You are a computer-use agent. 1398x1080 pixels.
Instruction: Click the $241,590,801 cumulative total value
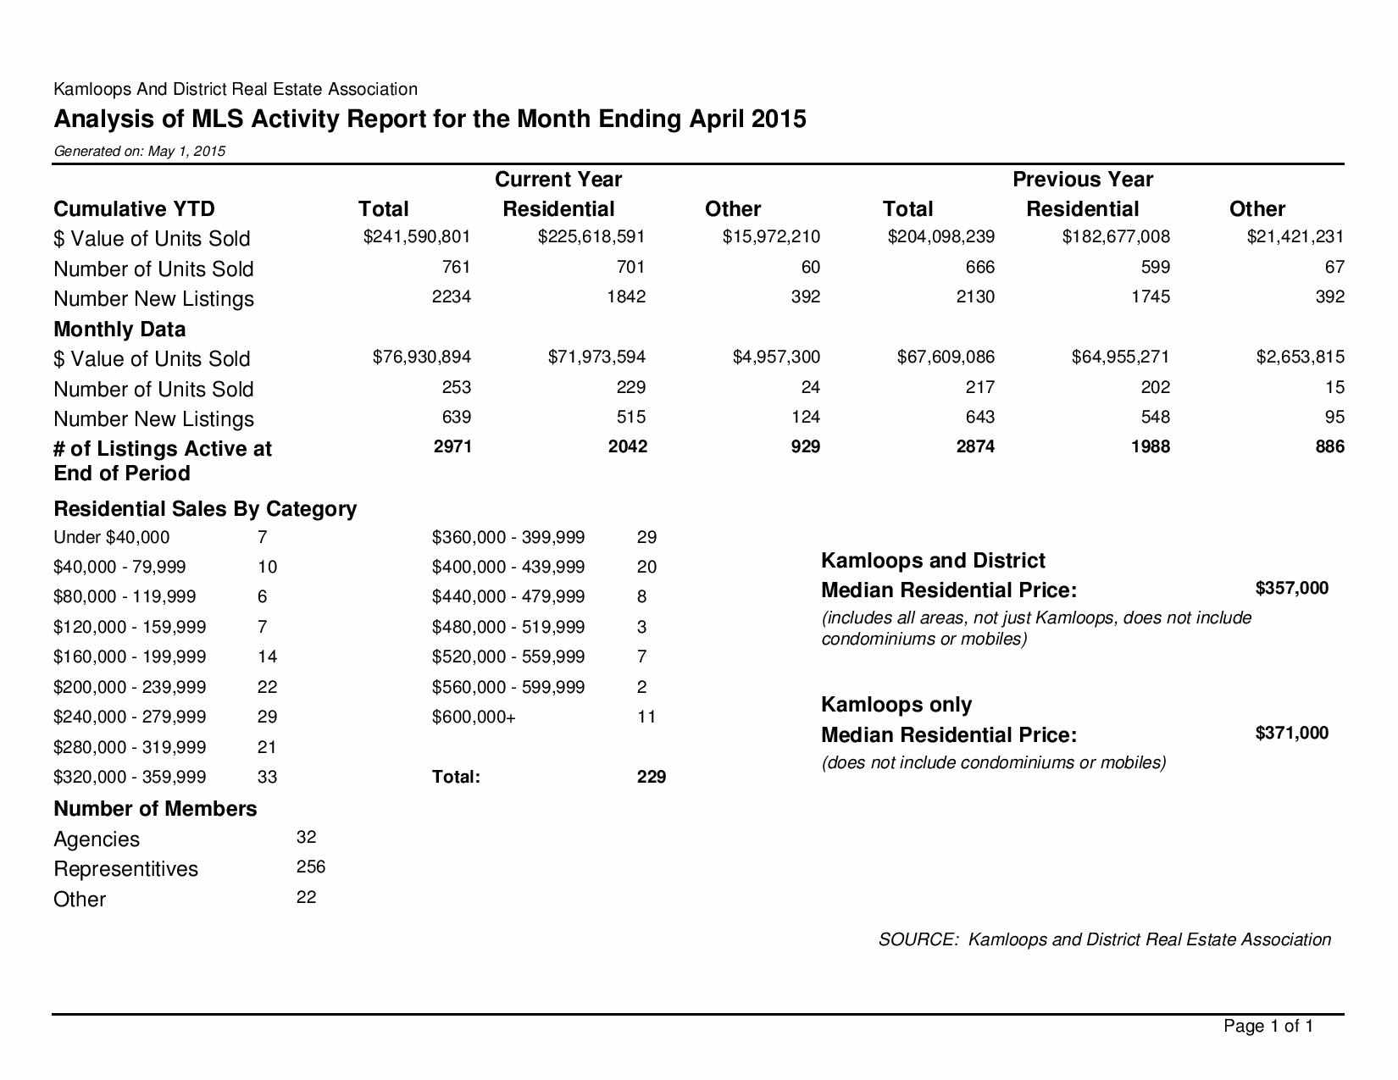[416, 237]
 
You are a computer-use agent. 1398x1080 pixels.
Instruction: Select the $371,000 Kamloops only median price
[1291, 733]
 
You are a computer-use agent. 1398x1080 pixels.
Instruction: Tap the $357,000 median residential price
[1291, 588]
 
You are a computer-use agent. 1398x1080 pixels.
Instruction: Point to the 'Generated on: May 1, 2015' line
[140, 152]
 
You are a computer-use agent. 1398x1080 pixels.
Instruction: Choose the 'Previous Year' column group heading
[1082, 180]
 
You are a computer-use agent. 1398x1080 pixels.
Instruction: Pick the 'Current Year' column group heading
[558, 180]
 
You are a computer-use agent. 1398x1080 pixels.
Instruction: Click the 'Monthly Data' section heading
[119, 329]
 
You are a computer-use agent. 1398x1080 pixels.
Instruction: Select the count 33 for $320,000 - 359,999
[267, 777]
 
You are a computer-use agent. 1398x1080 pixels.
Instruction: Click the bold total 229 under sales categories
[651, 777]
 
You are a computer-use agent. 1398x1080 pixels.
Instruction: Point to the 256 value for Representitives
[311, 867]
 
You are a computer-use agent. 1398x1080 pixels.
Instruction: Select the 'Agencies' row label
[97, 839]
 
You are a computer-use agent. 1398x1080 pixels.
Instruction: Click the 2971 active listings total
[452, 446]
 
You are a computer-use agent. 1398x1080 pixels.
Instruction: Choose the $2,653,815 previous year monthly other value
[1300, 357]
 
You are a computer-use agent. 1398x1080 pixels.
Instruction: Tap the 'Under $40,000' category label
[111, 537]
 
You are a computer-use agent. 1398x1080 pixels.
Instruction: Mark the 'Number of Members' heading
[155, 809]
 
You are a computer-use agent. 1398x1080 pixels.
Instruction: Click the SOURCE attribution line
[1104, 939]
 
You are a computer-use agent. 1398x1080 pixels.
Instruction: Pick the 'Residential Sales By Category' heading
[205, 509]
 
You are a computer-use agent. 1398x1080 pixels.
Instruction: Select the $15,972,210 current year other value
[771, 237]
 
